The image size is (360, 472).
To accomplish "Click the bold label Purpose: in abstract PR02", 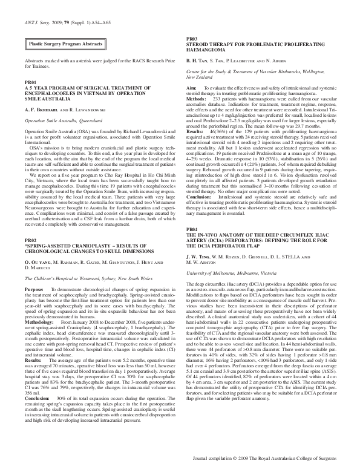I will click(x=34, y=274).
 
